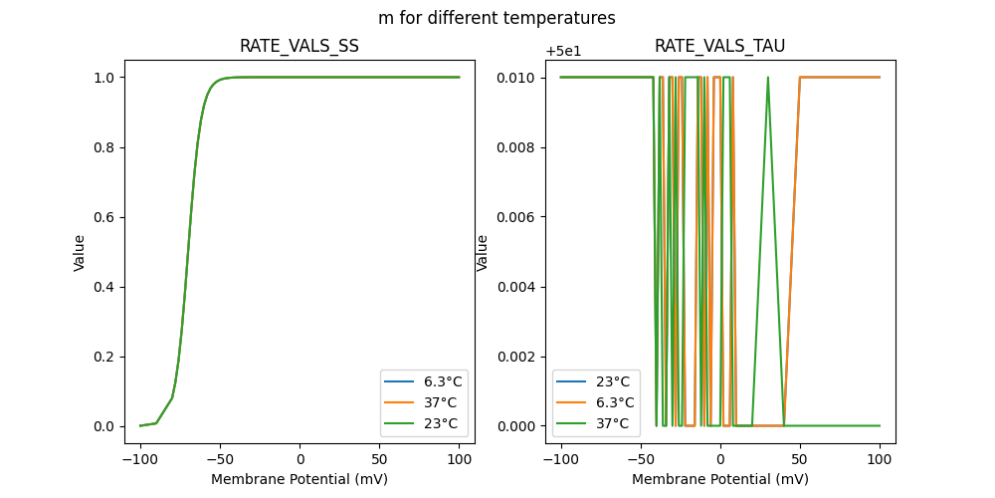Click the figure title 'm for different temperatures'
(497, 18)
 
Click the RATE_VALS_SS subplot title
(299, 46)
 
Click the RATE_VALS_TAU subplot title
(719, 46)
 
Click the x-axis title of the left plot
(299, 479)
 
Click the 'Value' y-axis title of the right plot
(483, 252)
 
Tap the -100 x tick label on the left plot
(140, 460)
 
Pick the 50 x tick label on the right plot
(800, 460)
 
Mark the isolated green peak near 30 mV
(768, 80)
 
